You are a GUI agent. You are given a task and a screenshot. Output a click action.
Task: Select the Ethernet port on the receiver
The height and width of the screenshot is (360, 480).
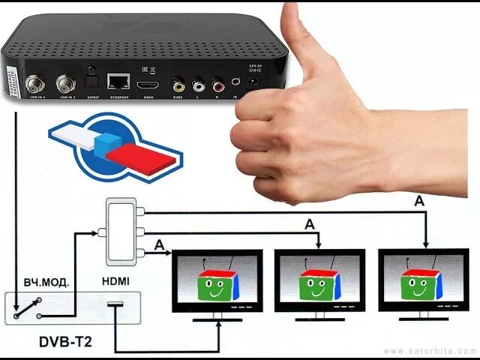(x=116, y=81)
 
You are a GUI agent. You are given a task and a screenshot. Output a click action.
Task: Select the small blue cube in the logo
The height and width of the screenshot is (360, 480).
(x=111, y=143)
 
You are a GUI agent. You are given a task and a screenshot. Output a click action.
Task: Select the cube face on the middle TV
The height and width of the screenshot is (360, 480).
(x=319, y=283)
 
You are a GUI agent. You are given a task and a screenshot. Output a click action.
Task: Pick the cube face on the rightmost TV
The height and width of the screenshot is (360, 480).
(x=421, y=283)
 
